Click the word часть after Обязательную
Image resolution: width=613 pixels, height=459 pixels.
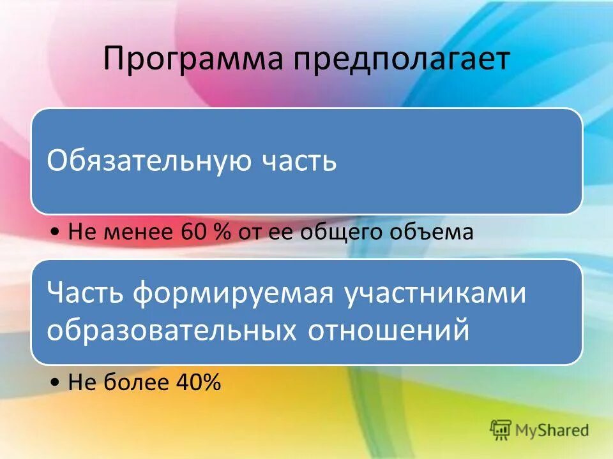299,161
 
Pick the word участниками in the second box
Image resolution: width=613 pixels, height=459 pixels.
435,295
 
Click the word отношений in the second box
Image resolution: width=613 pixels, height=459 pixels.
389,330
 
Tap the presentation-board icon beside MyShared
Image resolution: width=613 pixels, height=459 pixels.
501,429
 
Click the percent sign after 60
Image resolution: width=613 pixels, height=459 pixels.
221,233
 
